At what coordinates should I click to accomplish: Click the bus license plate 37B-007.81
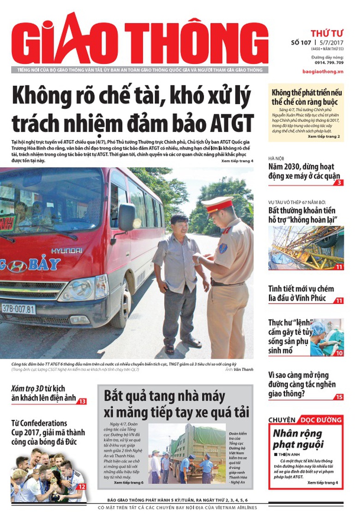click(18, 308)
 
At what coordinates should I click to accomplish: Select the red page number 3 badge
click(339, 182)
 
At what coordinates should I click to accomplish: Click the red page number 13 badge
click(82, 401)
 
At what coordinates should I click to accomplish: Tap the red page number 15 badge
click(339, 397)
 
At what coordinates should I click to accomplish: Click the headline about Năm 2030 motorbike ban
click(305, 171)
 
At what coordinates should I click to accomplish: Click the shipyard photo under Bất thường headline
click(306, 248)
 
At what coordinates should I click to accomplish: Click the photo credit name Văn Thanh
click(243, 370)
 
